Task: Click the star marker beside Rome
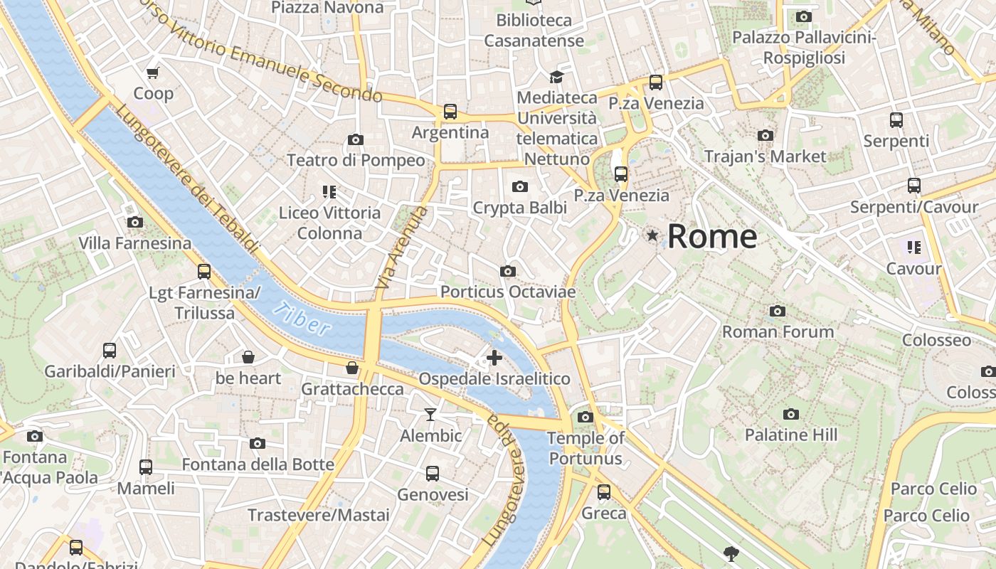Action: tap(652, 235)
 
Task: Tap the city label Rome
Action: tap(712, 236)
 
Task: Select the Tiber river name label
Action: tap(302, 319)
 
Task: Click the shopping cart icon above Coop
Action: tap(153, 73)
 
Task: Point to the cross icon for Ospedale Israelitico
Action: tap(494, 358)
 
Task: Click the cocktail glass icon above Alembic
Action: tap(430, 414)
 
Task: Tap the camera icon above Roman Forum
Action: tap(778, 311)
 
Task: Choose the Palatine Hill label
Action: tap(790, 435)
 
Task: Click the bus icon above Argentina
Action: tap(450, 112)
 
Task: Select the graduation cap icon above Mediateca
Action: tap(556, 77)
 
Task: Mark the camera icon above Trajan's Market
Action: tap(765, 135)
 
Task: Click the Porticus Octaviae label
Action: tap(508, 292)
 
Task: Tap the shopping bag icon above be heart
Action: tap(248, 357)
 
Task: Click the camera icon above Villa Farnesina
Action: tap(134, 223)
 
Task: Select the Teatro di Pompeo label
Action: tap(356, 160)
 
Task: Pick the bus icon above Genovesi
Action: tap(433, 474)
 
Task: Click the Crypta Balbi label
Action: tap(520, 208)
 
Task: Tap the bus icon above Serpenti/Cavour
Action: tap(914, 186)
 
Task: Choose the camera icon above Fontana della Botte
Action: tap(258, 444)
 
